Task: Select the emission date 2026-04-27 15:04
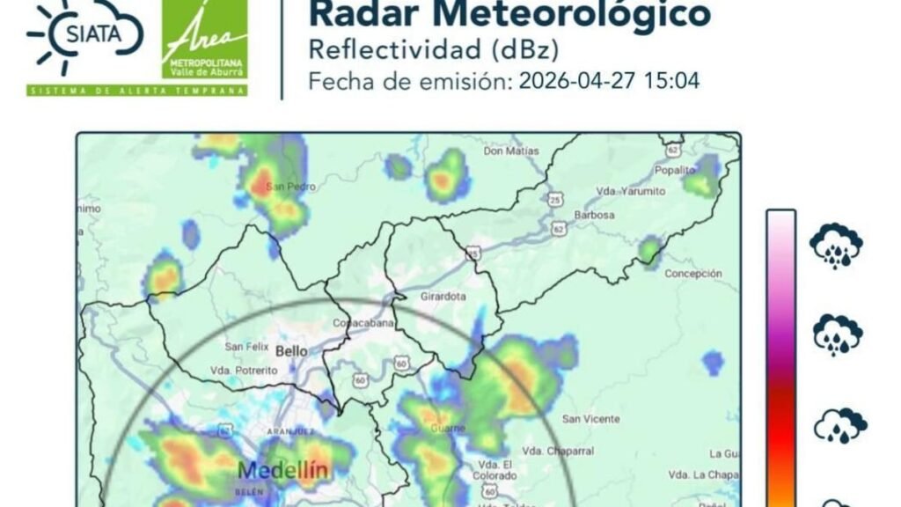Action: tap(609, 82)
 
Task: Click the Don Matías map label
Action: tap(511, 151)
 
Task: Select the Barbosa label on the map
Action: tap(593, 214)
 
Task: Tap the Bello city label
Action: tap(292, 350)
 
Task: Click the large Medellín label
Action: tap(283, 470)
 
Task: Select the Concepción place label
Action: tap(693, 274)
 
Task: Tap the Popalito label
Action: tap(675, 170)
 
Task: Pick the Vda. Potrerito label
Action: tap(244, 371)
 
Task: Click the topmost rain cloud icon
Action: tap(836, 246)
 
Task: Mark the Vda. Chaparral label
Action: tap(557, 451)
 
